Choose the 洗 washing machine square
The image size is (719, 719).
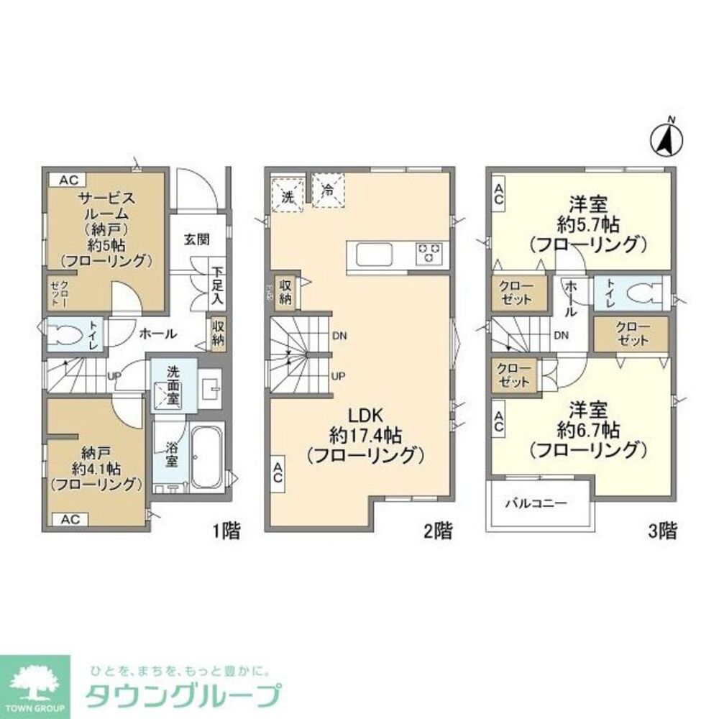click(x=288, y=195)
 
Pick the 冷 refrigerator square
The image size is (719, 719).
click(x=329, y=191)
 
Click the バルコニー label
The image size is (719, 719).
click(x=534, y=503)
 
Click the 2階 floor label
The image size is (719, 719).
click(x=438, y=532)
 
